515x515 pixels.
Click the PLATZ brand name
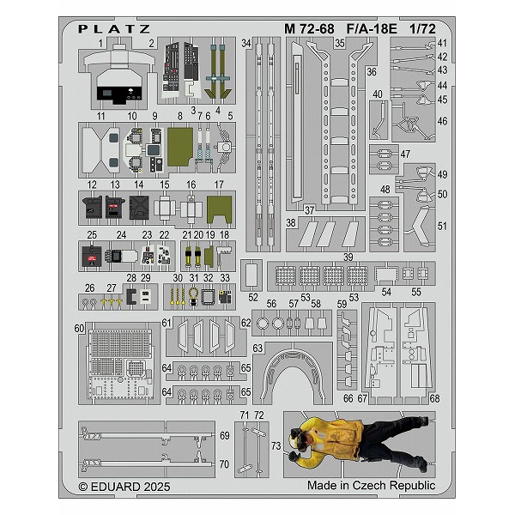[x=114, y=29]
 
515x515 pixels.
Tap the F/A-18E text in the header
[x=372, y=29]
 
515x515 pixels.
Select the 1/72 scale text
[x=422, y=29]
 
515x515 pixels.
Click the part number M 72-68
[x=309, y=29]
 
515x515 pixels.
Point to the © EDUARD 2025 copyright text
[x=124, y=487]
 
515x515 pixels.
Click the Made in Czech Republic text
[x=371, y=485]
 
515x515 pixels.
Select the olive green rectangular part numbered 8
[x=180, y=147]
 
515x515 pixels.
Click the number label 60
[x=79, y=328]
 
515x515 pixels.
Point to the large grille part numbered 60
[x=120, y=364]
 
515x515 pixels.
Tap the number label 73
[x=276, y=445]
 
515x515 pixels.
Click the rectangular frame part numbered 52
[x=251, y=275]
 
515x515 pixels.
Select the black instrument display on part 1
[x=119, y=94]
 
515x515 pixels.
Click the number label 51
[x=442, y=226]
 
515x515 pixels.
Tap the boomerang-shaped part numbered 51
[x=420, y=226]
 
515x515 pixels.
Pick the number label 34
[x=246, y=43]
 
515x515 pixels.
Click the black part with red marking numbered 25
[x=92, y=257]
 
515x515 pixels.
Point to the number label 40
[x=378, y=94]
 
